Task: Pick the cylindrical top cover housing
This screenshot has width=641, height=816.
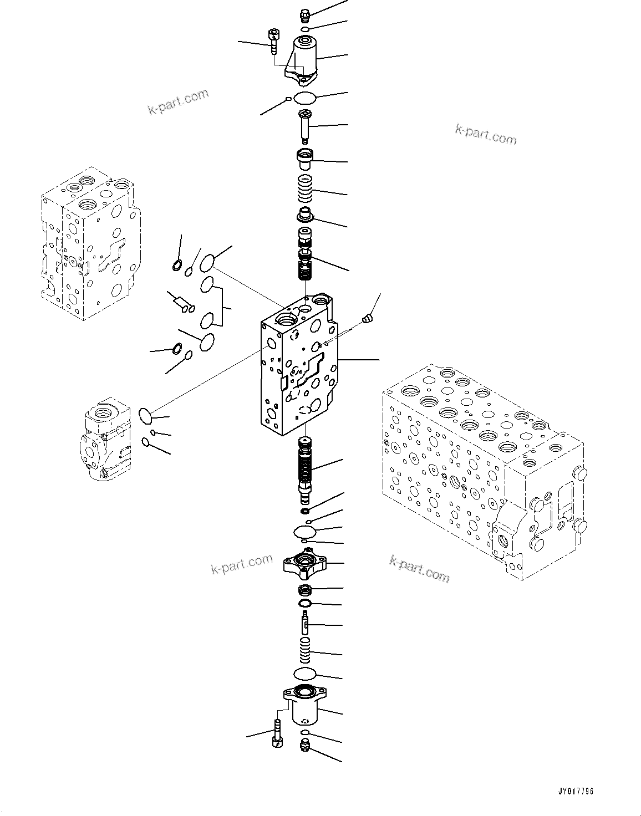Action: pyautogui.click(x=304, y=59)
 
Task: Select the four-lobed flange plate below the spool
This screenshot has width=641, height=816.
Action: pyautogui.click(x=304, y=565)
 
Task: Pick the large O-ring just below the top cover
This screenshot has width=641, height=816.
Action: pyautogui.click(x=304, y=99)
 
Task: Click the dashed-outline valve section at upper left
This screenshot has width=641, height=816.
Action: pyautogui.click(x=89, y=241)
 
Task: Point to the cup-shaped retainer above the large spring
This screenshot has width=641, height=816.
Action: pyautogui.click(x=305, y=158)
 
